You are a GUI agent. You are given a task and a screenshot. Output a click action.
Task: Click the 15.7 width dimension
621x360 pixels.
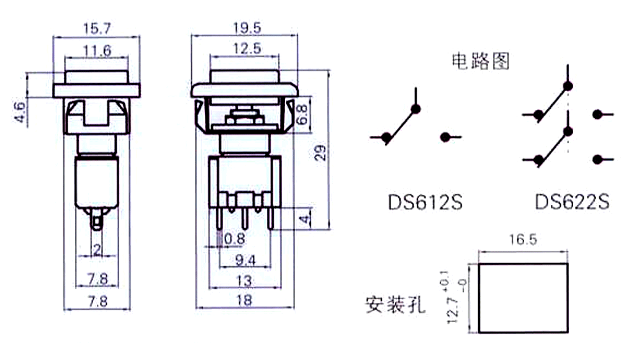[x=97, y=29]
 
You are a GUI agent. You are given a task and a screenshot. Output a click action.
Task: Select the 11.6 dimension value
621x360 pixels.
[x=97, y=50]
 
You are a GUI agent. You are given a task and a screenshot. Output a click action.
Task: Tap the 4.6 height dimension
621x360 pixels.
[x=20, y=112]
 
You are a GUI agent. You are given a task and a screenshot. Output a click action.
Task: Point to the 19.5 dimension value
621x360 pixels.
[x=247, y=28]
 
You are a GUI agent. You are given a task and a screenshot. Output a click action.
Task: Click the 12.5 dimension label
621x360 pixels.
[x=247, y=48]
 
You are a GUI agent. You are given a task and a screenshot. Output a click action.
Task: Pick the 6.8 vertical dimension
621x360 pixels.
[x=302, y=114]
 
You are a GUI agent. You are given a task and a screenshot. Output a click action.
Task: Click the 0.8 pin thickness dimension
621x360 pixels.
[x=235, y=239]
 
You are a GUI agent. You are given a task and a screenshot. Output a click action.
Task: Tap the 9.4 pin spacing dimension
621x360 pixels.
[x=245, y=260]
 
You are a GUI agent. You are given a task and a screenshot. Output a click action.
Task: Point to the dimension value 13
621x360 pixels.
[x=243, y=281]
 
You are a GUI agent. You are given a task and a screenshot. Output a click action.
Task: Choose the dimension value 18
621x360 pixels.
[x=244, y=300]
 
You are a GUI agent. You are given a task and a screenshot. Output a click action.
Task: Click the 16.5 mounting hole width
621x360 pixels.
[x=523, y=240]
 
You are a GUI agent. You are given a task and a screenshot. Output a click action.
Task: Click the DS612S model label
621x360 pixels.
[x=425, y=202]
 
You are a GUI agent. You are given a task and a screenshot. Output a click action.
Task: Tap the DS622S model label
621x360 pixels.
[x=572, y=202]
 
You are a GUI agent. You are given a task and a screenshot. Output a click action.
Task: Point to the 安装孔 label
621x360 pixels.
[x=395, y=305]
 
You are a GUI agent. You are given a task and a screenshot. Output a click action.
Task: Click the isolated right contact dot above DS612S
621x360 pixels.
[x=445, y=137]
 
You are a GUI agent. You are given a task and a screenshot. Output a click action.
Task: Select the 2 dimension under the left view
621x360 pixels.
[x=97, y=250]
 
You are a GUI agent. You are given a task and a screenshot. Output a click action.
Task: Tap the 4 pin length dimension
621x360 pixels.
[x=304, y=219]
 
